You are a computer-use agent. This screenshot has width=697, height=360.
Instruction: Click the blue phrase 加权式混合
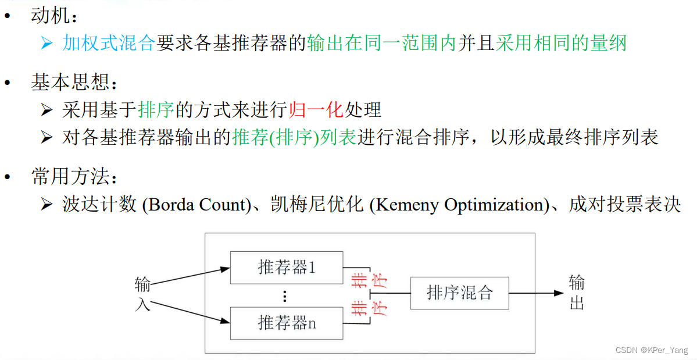108,43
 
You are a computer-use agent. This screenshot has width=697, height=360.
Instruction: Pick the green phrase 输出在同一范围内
381,43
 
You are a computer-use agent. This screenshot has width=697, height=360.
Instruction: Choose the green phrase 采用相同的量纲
561,43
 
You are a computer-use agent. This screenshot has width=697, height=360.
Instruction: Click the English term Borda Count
195,205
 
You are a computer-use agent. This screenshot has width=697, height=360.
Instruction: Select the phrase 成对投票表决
625,205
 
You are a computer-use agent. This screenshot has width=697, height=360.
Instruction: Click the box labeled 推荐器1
287,268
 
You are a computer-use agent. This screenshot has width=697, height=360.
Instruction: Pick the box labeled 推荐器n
287,323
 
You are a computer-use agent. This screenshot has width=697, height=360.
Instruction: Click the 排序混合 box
459,293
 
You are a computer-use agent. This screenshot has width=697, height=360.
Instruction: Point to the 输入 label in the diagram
142,293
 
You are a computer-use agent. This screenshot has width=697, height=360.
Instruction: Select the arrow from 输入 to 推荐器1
189,277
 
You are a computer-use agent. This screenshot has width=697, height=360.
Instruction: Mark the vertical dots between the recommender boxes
285,296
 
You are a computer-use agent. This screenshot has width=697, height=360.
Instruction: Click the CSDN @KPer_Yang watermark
650,351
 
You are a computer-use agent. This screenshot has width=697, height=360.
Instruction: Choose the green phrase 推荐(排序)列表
294,137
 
